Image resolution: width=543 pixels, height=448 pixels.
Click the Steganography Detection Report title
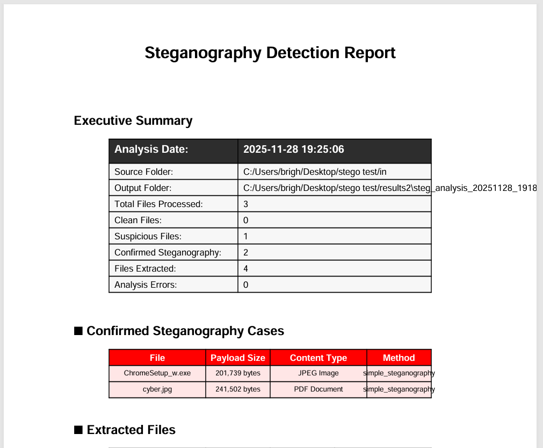coord(270,53)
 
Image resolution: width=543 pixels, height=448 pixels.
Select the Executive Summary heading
coord(133,120)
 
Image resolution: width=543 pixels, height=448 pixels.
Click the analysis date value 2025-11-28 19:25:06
coord(293,150)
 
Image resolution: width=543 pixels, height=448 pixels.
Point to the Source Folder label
coord(143,172)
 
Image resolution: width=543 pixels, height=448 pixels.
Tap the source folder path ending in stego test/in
coord(315,172)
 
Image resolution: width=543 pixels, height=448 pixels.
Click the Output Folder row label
coord(143,188)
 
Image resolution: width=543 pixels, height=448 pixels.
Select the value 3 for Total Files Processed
coord(246,204)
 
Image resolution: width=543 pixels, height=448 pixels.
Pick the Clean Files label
coord(138,221)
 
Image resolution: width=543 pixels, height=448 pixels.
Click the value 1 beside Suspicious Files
coord(246,237)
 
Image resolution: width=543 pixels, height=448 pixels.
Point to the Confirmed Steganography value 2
coord(246,253)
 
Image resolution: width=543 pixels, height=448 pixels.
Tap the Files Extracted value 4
coord(246,269)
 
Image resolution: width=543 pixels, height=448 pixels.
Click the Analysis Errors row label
coord(146,285)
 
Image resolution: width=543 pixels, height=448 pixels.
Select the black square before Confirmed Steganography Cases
coord(78,331)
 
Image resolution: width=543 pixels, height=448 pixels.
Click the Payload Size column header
coord(238,358)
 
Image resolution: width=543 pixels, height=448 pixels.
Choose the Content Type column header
coord(318,358)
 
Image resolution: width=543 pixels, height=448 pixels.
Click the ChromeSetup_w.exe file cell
coord(157,373)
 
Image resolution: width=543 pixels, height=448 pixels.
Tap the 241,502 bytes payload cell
coord(238,389)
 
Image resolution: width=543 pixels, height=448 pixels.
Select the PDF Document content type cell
coord(318,389)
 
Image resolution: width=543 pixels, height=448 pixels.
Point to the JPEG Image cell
coord(318,373)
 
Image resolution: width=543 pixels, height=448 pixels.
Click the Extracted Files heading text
coord(131,430)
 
